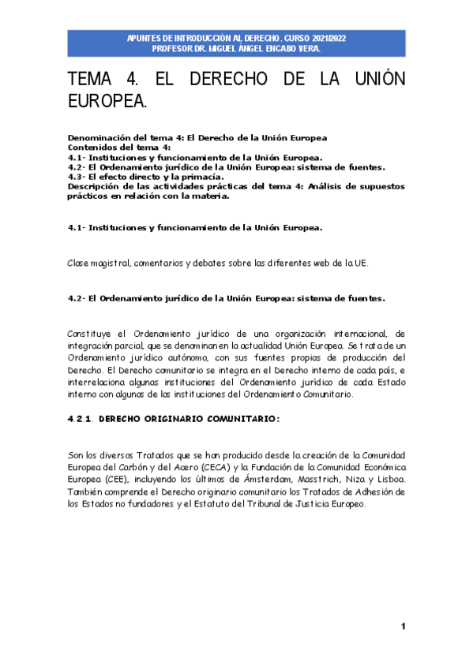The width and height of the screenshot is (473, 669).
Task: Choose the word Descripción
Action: pyautogui.click(x=96, y=186)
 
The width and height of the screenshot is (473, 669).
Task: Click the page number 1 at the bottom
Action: pyautogui.click(x=403, y=626)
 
